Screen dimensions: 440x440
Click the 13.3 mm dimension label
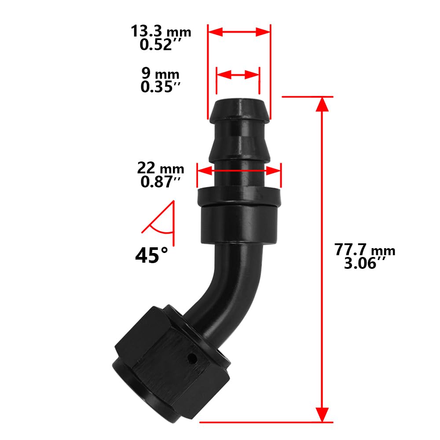click(161, 32)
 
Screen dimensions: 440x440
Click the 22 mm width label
click(161, 168)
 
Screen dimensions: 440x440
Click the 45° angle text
click(152, 255)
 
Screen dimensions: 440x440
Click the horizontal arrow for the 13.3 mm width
click(239, 32)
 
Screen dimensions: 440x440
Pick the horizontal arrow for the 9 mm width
click(238, 74)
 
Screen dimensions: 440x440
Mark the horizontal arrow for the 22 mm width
click(239, 170)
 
